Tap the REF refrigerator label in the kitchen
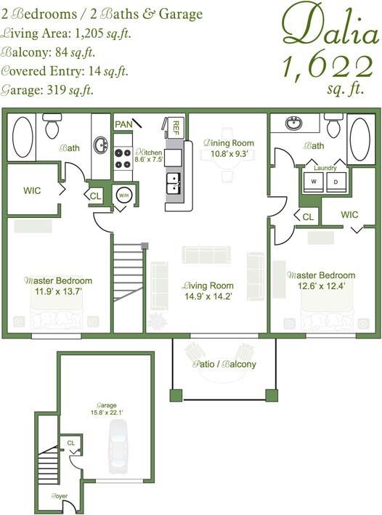pos(176,128)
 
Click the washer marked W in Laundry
pos(314,180)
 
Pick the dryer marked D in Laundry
pos(336,180)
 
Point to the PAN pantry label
pos(123,124)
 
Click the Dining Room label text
pos(228,148)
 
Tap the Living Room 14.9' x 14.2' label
pos(208,291)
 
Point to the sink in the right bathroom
pos(294,122)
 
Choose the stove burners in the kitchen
pos(123,158)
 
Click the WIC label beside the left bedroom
pos(32,190)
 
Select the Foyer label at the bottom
pos(59,496)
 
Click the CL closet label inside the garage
pos(70,442)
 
